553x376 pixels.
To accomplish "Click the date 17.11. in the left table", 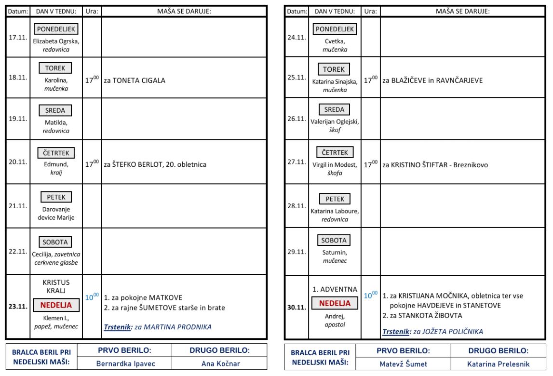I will (x=17, y=37).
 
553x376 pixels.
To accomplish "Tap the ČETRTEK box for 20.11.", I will (x=55, y=153).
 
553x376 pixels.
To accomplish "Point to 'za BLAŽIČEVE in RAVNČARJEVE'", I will (x=432, y=81).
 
